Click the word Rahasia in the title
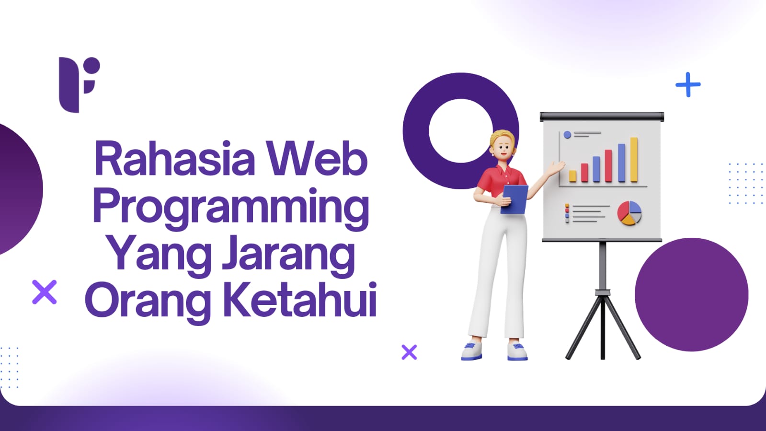click(x=174, y=158)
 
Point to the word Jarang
click(x=288, y=256)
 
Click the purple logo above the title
click(x=80, y=84)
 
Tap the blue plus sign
click(x=688, y=84)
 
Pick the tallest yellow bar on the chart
click(x=634, y=159)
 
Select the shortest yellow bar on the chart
click(x=572, y=176)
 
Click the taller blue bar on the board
click(x=621, y=163)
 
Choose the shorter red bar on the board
click(x=585, y=173)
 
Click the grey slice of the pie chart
click(x=637, y=218)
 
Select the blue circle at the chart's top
click(x=567, y=135)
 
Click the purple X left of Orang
click(x=45, y=292)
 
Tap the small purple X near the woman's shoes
click(x=409, y=352)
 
